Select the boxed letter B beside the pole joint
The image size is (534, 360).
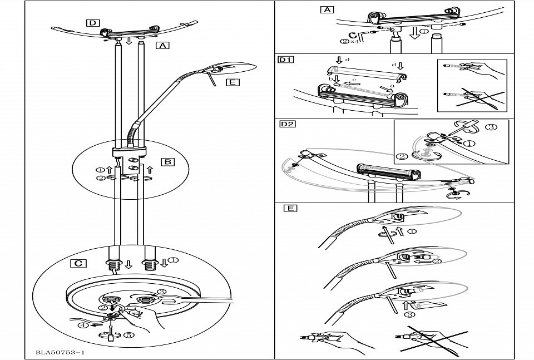(x=167, y=162)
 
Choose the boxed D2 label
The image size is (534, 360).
(x=287, y=124)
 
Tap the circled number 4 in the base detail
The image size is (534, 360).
(x=82, y=326)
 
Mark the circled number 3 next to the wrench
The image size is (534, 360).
(x=161, y=291)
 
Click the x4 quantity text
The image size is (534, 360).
(x=354, y=41)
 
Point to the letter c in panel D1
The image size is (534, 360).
(x=354, y=80)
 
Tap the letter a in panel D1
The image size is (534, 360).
(x=392, y=86)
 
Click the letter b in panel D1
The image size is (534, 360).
(x=330, y=80)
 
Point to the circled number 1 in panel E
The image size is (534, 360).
(x=411, y=231)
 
